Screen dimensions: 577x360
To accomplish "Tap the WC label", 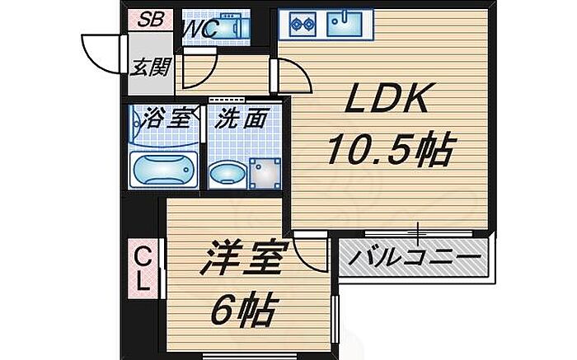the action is (x=199, y=28).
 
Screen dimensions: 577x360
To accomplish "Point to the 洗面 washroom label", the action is (x=242, y=119).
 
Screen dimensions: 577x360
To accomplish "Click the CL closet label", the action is (x=143, y=268).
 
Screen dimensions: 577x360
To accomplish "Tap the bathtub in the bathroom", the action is (x=165, y=169).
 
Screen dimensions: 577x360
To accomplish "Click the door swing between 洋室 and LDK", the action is (x=310, y=250).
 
